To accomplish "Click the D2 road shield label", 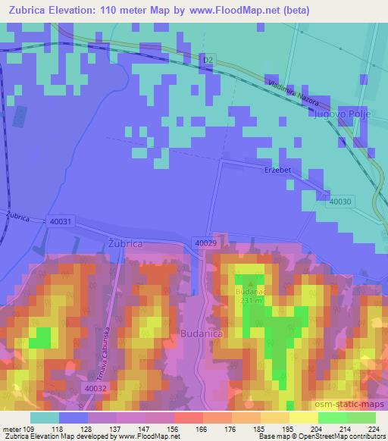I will (x=209, y=60).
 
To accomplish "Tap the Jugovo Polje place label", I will (x=340, y=115).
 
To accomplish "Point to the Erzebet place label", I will (x=277, y=170).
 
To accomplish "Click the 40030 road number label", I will (x=340, y=202).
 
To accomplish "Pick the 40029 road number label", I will (x=205, y=242).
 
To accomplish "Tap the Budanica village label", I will (x=200, y=332).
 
